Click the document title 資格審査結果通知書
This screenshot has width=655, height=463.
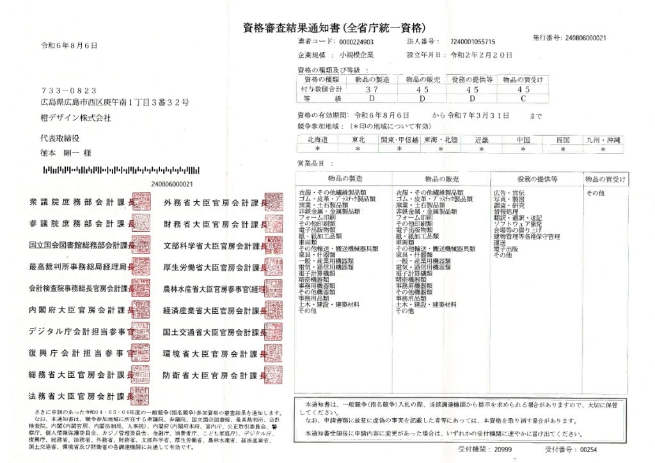[292, 28]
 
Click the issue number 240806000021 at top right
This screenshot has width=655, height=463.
[586, 38]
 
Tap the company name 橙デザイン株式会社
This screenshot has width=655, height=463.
[75, 118]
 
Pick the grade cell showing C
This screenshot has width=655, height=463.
[523, 99]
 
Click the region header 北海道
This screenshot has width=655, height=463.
[317, 140]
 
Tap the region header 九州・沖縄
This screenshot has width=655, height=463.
[603, 140]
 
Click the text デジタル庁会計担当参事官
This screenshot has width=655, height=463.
[77, 331]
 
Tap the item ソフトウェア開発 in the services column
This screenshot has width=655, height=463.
[517, 224]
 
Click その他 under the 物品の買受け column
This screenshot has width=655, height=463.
[595, 192]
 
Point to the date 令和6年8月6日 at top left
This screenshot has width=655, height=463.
[69, 45]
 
